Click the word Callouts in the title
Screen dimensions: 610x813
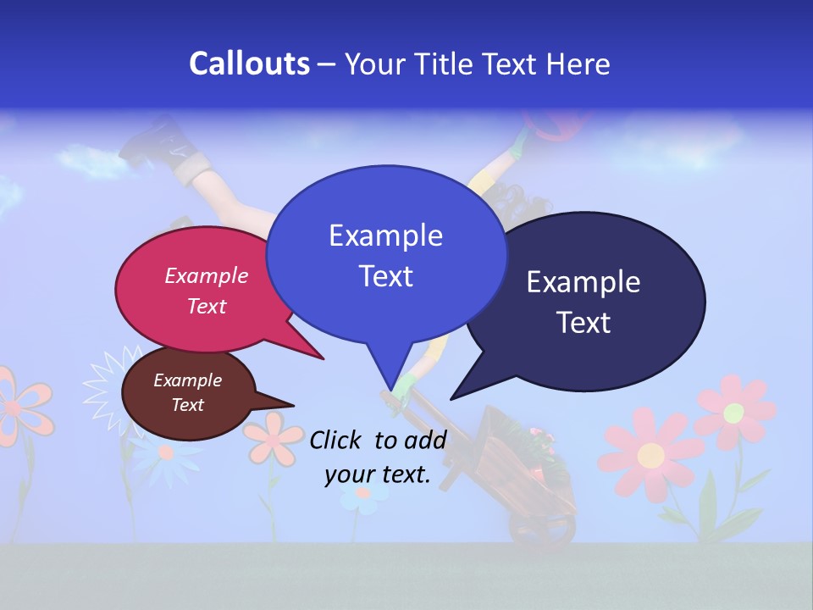point(249,64)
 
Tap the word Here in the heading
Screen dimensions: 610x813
point(580,64)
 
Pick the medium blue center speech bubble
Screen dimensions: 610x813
point(385,254)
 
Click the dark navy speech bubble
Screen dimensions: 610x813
point(593,301)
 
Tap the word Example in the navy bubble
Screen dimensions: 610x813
point(583,282)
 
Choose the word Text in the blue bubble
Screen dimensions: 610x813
point(385,276)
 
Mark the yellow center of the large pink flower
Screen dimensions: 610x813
point(650,456)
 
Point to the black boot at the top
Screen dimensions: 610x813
point(152,140)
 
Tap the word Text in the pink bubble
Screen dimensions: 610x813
point(207,306)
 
